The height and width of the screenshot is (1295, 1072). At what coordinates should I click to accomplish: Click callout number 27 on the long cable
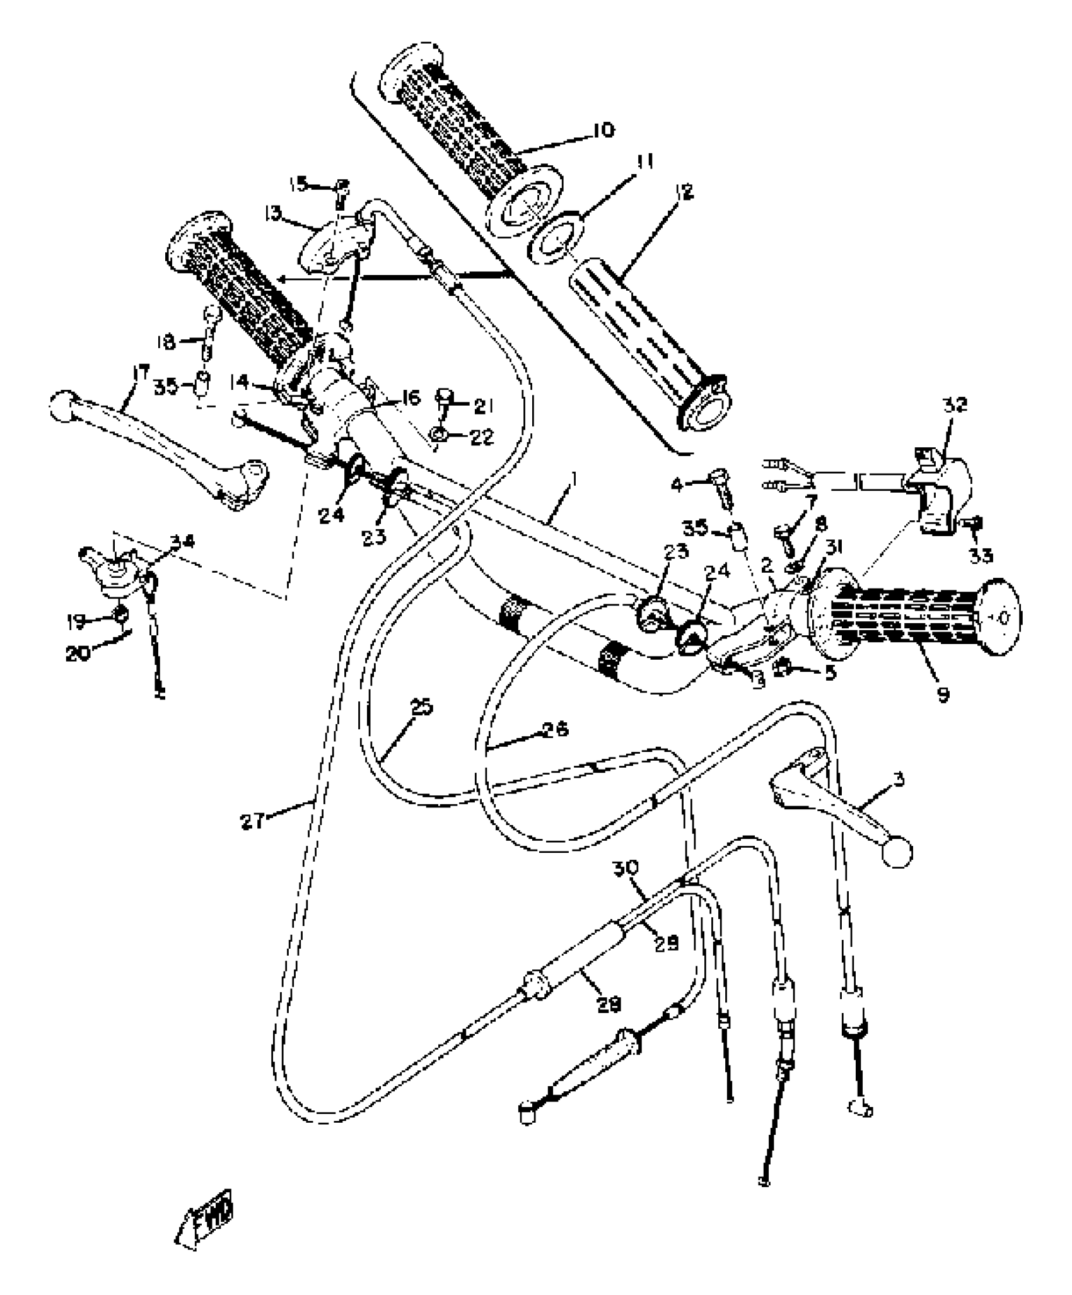(x=252, y=821)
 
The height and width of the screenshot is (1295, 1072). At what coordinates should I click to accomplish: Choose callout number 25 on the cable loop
(x=421, y=708)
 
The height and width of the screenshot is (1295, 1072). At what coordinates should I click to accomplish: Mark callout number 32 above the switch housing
(x=955, y=404)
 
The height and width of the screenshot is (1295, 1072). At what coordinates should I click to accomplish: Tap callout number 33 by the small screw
(x=981, y=554)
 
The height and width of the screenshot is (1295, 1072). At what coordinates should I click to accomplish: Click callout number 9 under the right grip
(x=943, y=694)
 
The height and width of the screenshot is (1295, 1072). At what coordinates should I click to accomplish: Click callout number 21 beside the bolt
(x=482, y=407)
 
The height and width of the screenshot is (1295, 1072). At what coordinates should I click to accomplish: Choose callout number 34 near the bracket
(x=185, y=542)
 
